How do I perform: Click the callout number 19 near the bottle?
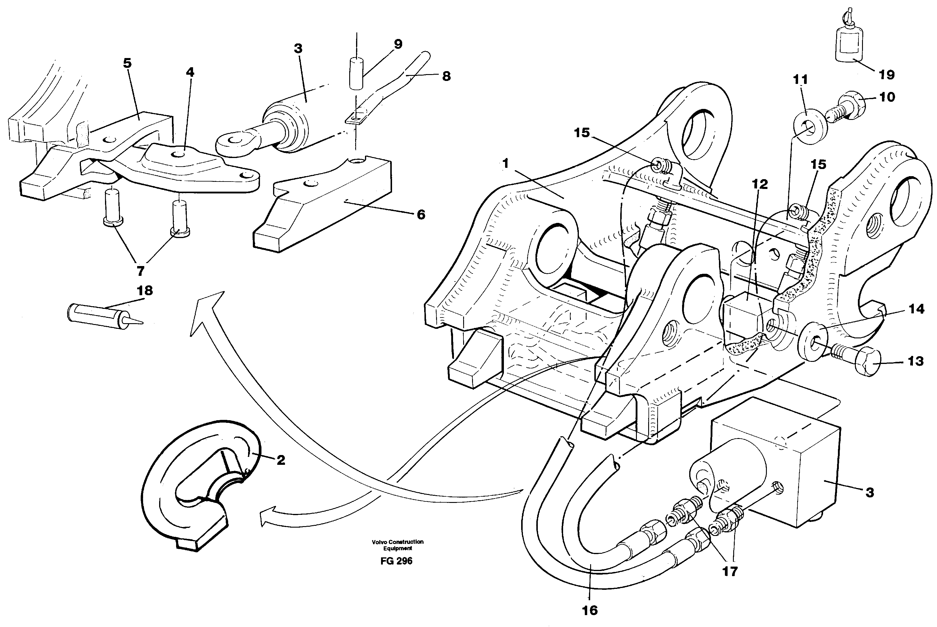(x=886, y=75)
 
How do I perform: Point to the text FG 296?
(x=396, y=561)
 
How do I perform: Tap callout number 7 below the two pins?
(x=140, y=271)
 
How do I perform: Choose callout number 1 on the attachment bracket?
(x=505, y=164)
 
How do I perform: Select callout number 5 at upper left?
(x=127, y=63)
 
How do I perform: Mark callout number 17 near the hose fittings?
(x=730, y=571)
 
